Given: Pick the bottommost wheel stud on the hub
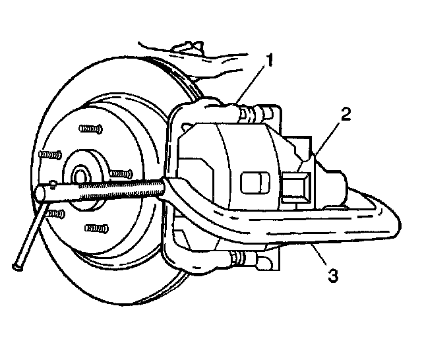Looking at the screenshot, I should [96, 228].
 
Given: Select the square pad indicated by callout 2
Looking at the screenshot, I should [299, 187].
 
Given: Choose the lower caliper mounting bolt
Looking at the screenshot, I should [250, 259].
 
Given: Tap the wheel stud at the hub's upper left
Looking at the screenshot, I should [51, 155].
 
